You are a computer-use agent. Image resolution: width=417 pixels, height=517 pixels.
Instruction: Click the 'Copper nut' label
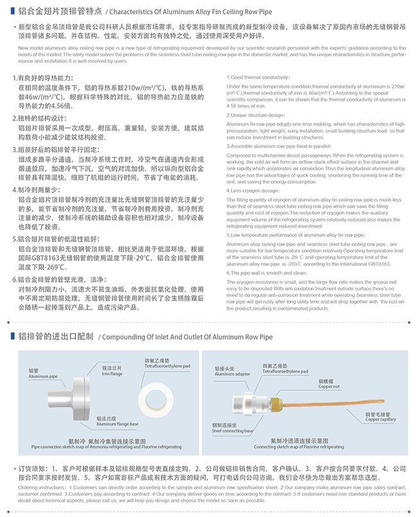(328, 387)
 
